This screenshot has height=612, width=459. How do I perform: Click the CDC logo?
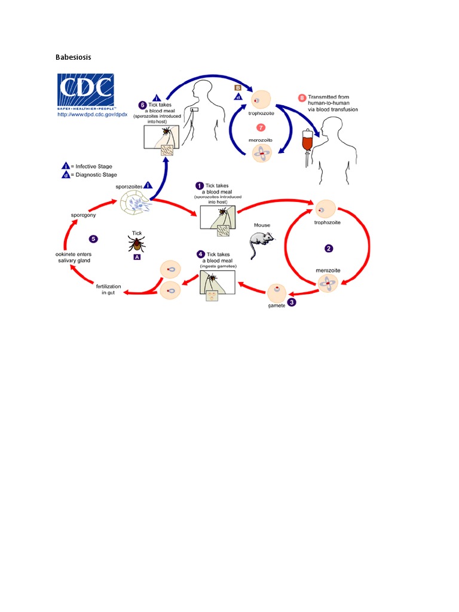tap(85, 90)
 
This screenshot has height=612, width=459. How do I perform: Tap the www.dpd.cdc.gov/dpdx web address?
tap(87, 114)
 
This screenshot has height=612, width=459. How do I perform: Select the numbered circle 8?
tap(302, 97)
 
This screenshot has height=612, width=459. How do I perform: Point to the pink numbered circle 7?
tap(260, 127)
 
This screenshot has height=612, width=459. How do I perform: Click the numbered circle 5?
tap(93, 239)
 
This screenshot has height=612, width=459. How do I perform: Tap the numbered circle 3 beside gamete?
tap(291, 302)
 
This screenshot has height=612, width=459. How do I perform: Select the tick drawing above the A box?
tap(136, 243)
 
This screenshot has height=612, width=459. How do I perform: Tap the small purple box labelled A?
tap(137, 257)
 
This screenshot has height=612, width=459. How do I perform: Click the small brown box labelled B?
tap(237, 87)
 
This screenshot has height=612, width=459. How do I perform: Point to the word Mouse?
tap(262, 225)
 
